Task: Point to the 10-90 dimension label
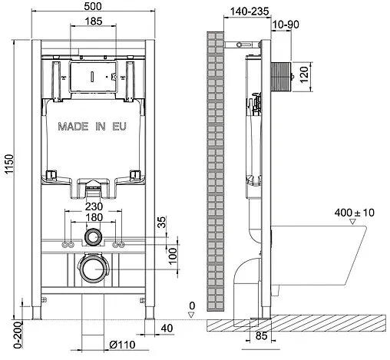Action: click(285, 25)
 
